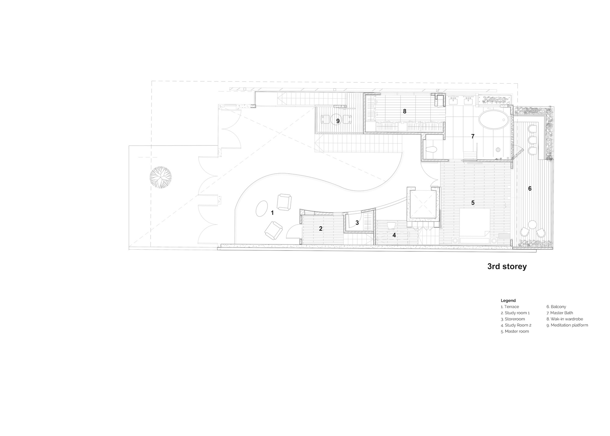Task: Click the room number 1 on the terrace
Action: point(272,213)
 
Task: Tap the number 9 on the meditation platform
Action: point(338,121)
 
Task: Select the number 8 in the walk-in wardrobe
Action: point(404,111)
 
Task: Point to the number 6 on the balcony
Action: point(530,189)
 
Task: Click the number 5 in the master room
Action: point(473,203)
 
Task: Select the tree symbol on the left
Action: point(161,177)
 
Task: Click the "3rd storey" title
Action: point(507,266)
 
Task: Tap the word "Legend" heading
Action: point(508,301)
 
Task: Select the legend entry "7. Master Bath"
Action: point(560,313)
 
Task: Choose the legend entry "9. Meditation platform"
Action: point(567,325)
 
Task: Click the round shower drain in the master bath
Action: point(498,150)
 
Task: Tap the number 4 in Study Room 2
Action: point(394,235)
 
